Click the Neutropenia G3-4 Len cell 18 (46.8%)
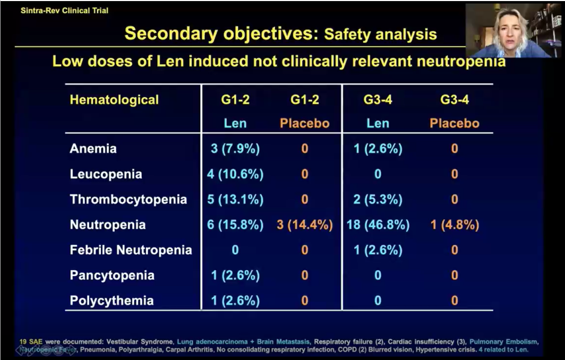[x=378, y=225]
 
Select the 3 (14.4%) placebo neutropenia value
[x=305, y=225]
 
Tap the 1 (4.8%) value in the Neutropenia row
[x=455, y=225]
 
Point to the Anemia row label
[x=93, y=149]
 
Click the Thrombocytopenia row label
[x=128, y=200]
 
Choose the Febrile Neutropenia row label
[x=131, y=250]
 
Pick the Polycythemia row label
[x=112, y=301]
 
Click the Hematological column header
[x=114, y=99]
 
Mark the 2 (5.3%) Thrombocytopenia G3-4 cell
[x=378, y=200]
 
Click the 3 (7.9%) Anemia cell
[x=235, y=149]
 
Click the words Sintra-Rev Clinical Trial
[x=64, y=11]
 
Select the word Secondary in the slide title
[x=167, y=34]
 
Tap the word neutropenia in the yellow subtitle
[x=460, y=62]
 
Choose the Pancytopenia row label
[x=112, y=276]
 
